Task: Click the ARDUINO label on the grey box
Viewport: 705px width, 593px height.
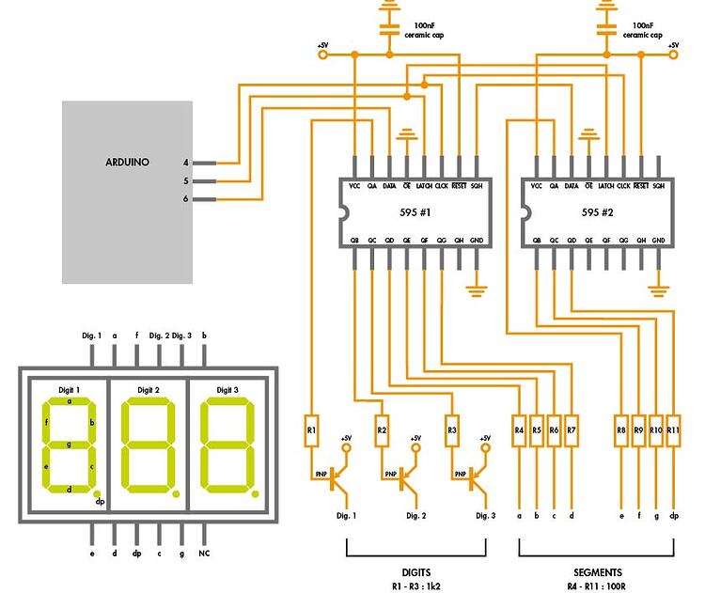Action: click(127, 162)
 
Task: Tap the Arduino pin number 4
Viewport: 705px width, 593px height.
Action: click(186, 163)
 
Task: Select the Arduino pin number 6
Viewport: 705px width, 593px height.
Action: click(186, 199)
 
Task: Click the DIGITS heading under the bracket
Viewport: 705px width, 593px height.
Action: click(415, 571)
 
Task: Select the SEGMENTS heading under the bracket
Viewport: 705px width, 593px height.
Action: click(597, 571)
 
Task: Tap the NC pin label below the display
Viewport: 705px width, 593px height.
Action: click(204, 554)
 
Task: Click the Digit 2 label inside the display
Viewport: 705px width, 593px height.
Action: click(149, 389)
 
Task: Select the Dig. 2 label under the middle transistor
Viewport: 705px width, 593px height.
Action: click(416, 516)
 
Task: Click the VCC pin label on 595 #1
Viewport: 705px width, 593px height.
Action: click(354, 186)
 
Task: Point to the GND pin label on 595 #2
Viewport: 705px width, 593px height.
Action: click(659, 241)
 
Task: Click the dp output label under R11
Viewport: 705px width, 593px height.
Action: click(673, 516)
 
